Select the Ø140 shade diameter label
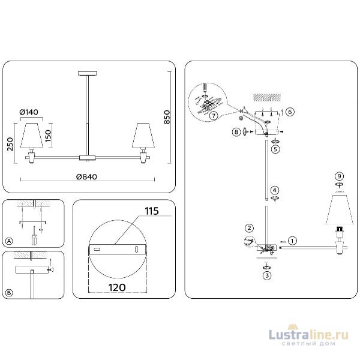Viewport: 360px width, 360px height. point(29,112)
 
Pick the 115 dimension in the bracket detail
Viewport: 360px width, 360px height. point(150,212)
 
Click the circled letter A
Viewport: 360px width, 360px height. point(9,241)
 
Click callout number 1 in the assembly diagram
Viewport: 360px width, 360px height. point(292,241)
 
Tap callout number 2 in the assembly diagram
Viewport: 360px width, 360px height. point(247,227)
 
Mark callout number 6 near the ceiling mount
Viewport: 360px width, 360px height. point(290,112)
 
